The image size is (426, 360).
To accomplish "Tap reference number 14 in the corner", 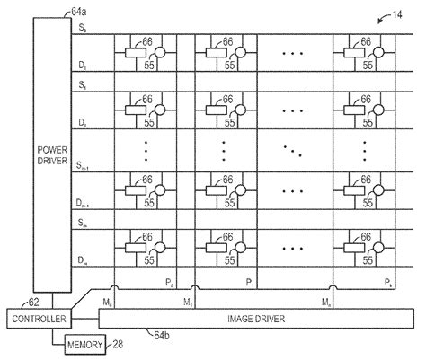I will (396, 16).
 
